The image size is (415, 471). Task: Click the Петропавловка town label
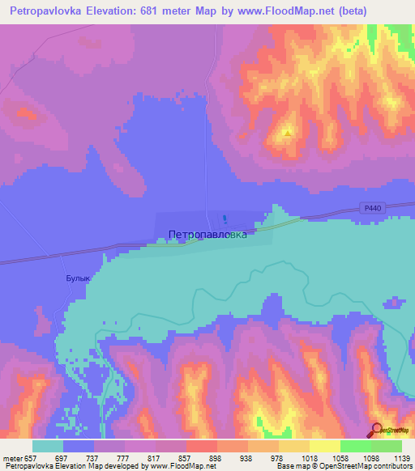pyautogui.click(x=207, y=235)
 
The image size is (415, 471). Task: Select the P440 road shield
pyautogui.click(x=372, y=209)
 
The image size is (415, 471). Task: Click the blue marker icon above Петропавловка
pyautogui.click(x=225, y=220)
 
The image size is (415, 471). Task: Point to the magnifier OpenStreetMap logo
pyautogui.click(x=376, y=431)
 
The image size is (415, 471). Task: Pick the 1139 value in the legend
pyautogui.click(x=402, y=458)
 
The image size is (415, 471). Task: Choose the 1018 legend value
pyautogui.click(x=310, y=458)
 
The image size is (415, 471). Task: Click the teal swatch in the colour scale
pyautogui.click(x=48, y=446)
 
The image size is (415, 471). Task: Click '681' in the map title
pyautogui.click(x=152, y=11)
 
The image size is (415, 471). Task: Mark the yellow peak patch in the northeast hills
pyautogui.click(x=287, y=130)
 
